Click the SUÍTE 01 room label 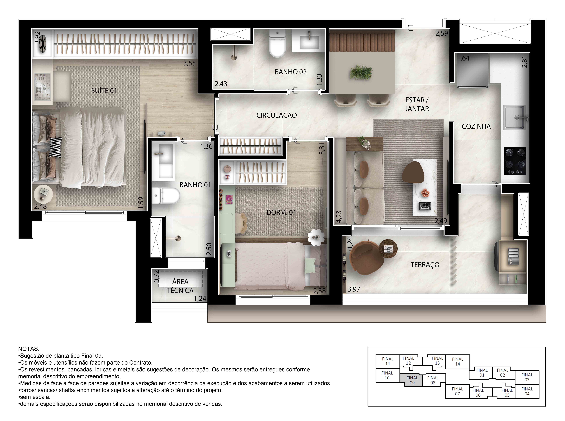click(104, 91)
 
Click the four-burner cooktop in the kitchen click(515, 161)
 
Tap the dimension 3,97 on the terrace click(354, 289)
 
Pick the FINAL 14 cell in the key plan click(457, 361)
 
